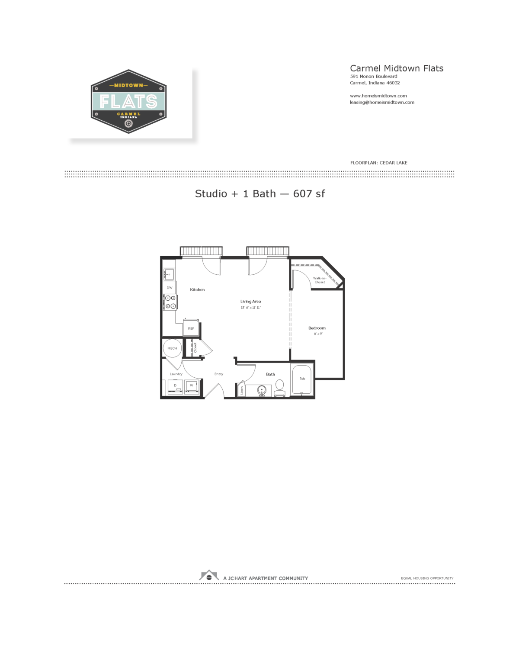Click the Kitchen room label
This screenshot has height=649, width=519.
197,289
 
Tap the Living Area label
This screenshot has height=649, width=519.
250,302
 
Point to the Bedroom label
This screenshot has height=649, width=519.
317,328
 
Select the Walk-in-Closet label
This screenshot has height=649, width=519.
320,280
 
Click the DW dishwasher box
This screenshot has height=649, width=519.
170,288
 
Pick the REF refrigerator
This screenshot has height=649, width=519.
191,328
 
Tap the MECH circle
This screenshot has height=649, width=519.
172,348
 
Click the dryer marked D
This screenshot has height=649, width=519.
175,386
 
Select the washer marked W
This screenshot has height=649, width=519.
192,386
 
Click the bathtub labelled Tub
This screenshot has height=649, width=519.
302,379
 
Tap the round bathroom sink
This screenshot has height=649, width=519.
262,390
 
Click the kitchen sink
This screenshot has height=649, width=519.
169,274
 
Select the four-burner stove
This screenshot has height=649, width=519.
170,302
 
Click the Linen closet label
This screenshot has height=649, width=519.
242,390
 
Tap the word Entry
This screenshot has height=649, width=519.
219,374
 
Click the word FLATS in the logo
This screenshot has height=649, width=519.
128,102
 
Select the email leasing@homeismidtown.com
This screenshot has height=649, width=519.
382,103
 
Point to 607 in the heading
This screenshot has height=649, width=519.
302,194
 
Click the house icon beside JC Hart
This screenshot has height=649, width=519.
209,576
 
